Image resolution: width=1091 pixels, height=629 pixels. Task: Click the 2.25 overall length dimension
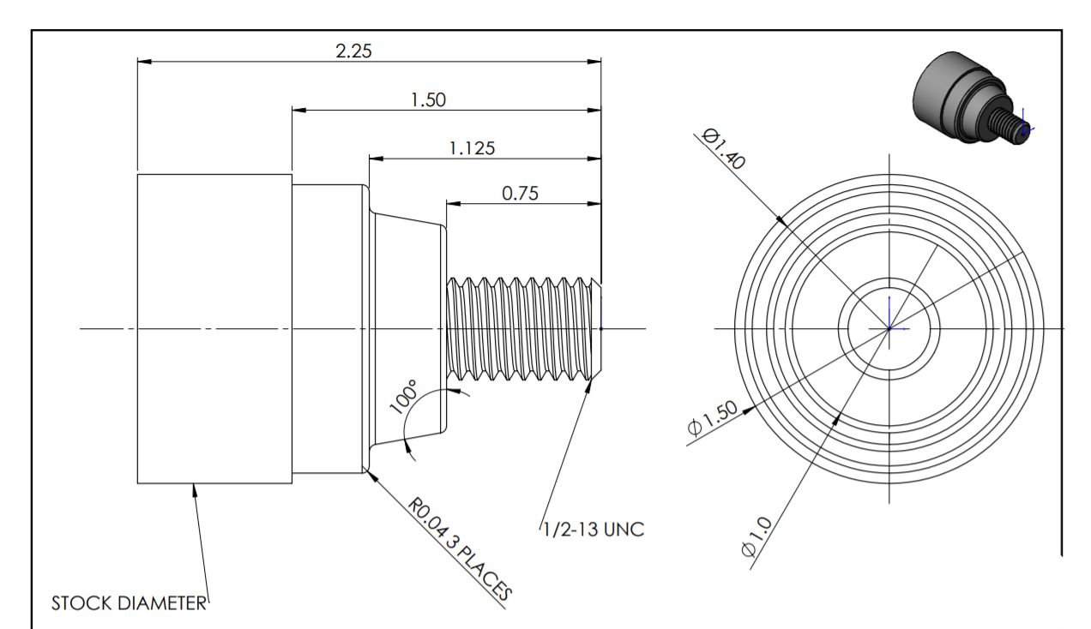pyautogui.click(x=353, y=51)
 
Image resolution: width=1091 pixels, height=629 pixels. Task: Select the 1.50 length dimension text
pyautogui.click(x=428, y=99)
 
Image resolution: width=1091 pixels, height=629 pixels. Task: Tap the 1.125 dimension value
pyautogui.click(x=472, y=148)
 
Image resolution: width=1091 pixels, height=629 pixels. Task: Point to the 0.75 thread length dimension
pyautogui.click(x=520, y=194)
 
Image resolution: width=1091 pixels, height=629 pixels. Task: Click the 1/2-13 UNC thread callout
pyautogui.click(x=593, y=530)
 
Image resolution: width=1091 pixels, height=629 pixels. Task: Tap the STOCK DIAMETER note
pyautogui.click(x=129, y=603)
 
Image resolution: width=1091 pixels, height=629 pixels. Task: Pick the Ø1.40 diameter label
pyautogui.click(x=722, y=148)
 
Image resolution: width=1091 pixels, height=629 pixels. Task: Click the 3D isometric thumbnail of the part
pyautogui.click(x=969, y=99)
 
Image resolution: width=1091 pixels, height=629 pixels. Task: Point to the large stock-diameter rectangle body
pyautogui.click(x=214, y=328)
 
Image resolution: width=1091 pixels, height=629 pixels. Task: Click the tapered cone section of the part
pyautogui.click(x=407, y=329)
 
